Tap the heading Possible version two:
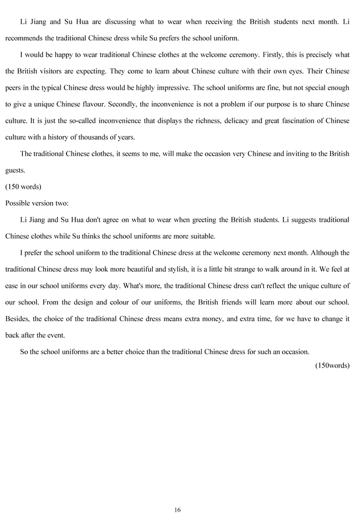point(37,203)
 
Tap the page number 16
point(177,510)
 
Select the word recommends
point(24,39)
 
